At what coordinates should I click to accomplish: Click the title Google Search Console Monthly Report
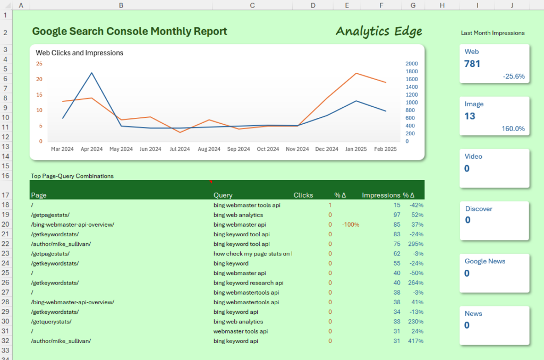point(129,31)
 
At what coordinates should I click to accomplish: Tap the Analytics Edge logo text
point(379,31)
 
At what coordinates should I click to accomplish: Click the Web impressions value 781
point(472,64)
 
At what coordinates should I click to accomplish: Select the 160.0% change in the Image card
point(513,129)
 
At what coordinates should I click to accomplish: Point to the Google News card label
point(485,261)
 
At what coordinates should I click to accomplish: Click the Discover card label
point(479,209)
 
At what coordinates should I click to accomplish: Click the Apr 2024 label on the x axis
point(91,149)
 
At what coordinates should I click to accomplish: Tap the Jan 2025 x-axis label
point(356,149)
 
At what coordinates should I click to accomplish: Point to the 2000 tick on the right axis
point(411,64)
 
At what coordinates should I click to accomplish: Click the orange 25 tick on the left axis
point(39,64)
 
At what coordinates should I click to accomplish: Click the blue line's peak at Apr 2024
point(91,73)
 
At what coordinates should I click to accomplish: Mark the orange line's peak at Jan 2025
point(356,73)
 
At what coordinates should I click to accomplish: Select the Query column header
point(223,195)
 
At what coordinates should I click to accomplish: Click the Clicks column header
point(303,195)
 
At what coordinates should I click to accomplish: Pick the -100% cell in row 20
point(351,225)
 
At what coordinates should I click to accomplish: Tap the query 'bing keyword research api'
point(248,283)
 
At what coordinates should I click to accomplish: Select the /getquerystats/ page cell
point(51,322)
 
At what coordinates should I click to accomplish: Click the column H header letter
point(442,5)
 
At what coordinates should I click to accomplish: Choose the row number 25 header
point(5,273)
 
